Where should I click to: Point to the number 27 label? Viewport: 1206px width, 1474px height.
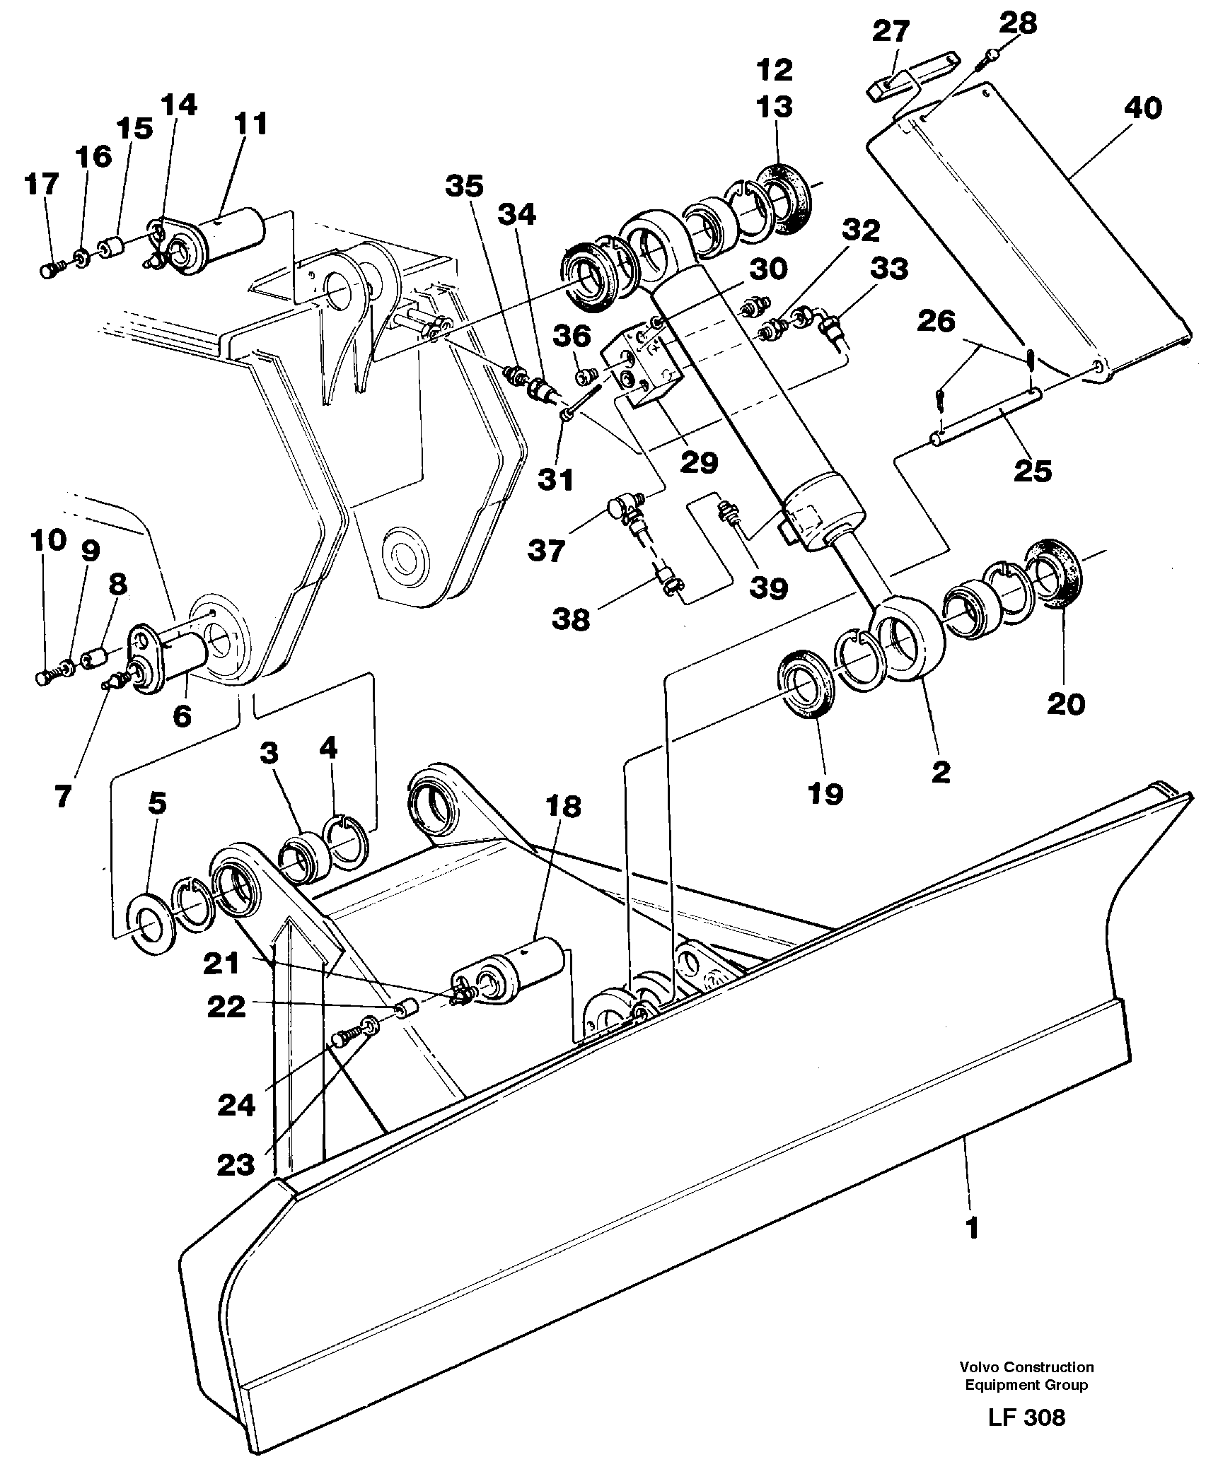pos(891,32)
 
